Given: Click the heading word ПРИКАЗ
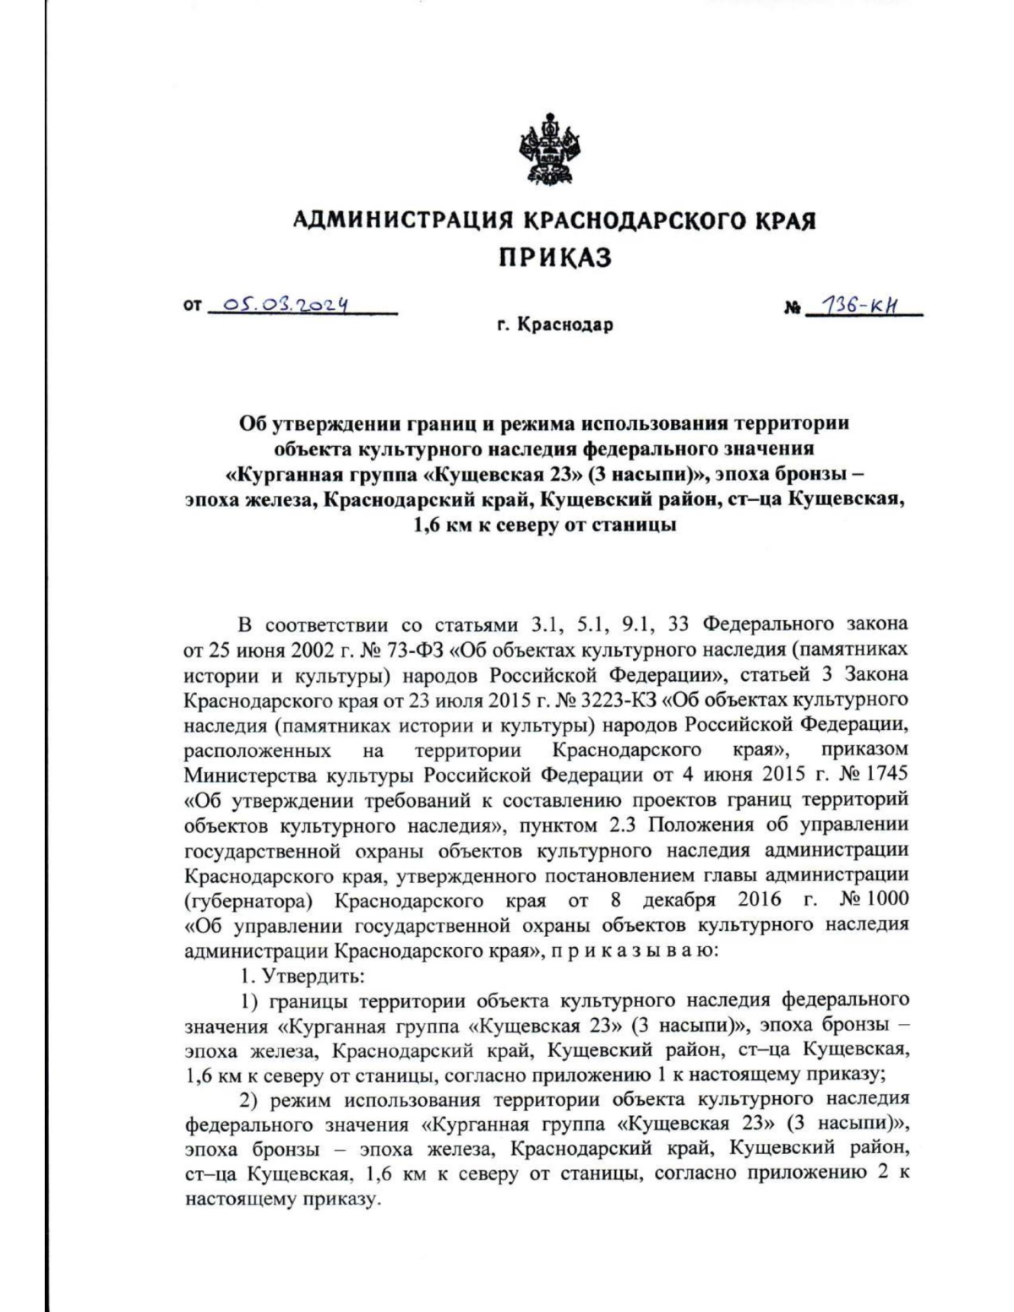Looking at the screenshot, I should point(553,258).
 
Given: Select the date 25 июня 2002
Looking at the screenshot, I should point(271,650).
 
